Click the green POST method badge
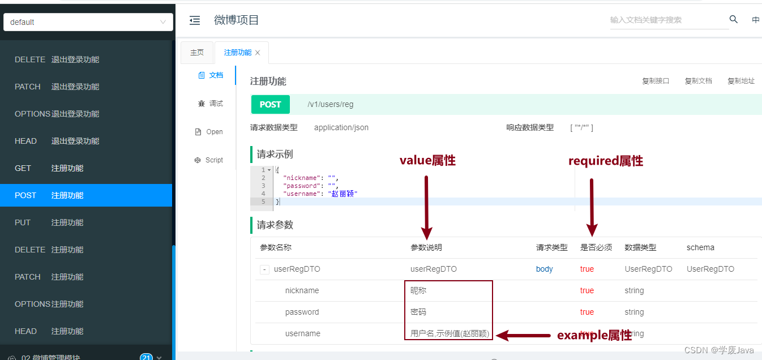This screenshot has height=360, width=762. (270, 104)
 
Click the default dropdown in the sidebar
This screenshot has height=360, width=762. (88, 22)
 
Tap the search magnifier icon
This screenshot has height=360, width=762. (734, 20)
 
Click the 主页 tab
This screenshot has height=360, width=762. (196, 53)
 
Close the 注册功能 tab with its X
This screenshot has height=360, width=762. (258, 53)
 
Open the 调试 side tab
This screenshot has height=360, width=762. (210, 104)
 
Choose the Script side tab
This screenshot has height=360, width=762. (209, 160)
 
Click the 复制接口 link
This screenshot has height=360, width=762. (656, 81)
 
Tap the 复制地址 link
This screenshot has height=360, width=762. (741, 81)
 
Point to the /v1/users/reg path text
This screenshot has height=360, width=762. (331, 104)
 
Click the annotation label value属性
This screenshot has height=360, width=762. (427, 161)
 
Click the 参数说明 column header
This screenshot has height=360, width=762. (426, 247)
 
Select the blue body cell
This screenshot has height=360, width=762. (545, 269)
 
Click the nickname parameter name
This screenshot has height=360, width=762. (302, 290)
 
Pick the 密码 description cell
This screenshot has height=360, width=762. (419, 312)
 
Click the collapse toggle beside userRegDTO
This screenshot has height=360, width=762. (264, 269)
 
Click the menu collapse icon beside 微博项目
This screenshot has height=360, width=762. (195, 20)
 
